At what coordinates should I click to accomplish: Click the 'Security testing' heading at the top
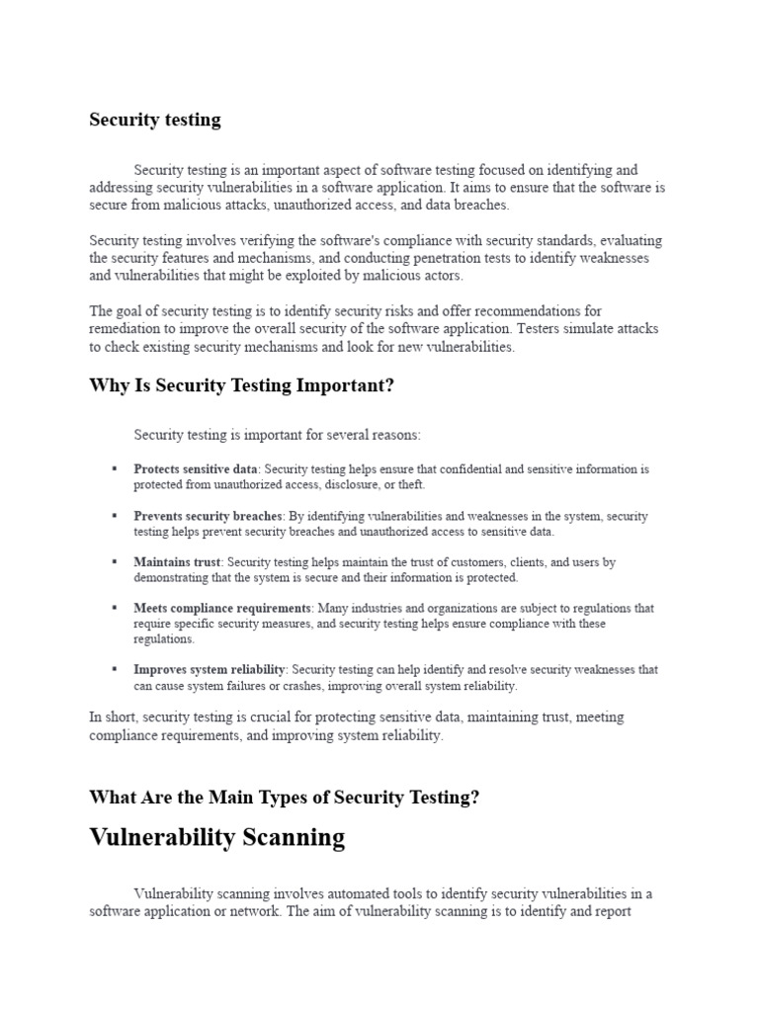[155, 120]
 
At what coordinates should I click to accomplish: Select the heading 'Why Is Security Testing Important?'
[241, 385]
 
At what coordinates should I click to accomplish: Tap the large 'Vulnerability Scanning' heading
[217, 838]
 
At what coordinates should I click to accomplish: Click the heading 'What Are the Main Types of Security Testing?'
[285, 797]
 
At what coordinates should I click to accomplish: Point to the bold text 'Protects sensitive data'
[196, 469]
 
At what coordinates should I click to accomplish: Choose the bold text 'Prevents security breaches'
[209, 516]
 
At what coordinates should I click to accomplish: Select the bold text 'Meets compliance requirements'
[222, 609]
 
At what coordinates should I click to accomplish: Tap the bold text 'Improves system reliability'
[211, 670]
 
